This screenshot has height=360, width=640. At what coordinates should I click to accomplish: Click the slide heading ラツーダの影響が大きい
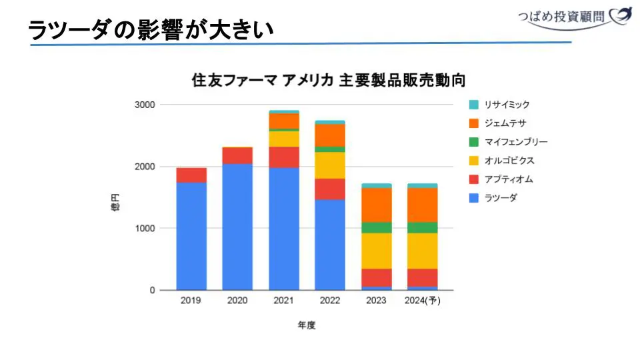151,30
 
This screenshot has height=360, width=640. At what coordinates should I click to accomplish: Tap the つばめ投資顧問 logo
574,17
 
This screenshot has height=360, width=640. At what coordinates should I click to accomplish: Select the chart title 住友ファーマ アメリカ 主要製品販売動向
328,80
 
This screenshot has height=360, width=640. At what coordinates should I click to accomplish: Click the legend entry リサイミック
507,105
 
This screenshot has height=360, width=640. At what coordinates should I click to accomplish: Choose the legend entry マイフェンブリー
516,142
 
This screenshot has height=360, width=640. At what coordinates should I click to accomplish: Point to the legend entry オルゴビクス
509,161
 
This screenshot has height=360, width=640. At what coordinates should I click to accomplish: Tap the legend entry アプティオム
509,179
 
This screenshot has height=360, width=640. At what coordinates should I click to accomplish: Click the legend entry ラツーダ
501,198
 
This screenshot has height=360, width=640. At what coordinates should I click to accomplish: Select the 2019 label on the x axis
191,301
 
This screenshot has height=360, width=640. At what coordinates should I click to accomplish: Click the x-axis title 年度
307,325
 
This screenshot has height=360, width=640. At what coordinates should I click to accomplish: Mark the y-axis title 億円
115,203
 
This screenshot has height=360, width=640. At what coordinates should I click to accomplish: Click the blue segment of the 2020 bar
237,227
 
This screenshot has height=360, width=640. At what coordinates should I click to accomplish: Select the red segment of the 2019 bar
191,175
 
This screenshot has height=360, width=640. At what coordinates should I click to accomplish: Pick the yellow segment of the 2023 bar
376,251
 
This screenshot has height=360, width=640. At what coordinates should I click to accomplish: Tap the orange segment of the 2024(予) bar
423,205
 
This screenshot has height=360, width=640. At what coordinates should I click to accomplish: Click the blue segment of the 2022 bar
330,245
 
